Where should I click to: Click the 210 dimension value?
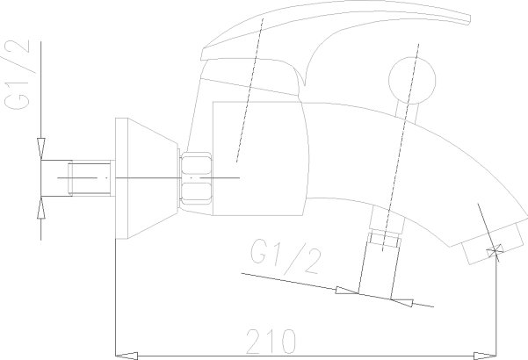click(271, 342)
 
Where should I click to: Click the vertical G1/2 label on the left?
click(17, 75)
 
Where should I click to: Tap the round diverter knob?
click(412, 80)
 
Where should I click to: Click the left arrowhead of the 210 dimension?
click(127, 356)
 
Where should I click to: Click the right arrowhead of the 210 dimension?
click(485, 356)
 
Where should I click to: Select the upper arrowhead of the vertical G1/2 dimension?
click(41, 148)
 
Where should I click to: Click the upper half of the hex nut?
click(196, 163)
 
